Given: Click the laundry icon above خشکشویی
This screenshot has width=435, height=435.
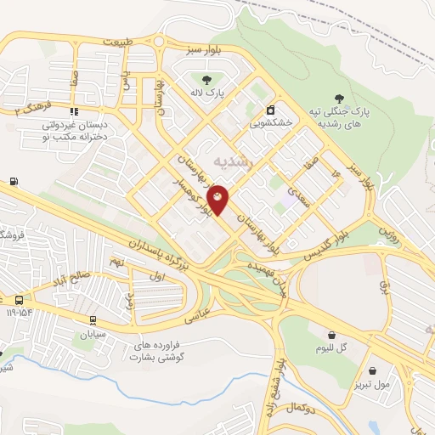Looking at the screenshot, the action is coord(270,109).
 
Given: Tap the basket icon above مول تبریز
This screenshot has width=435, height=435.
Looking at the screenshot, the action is coord(373,370).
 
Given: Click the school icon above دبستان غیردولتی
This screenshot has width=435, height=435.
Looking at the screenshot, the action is coord(76,110).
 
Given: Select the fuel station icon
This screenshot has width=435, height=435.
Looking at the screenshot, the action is coord(14,181).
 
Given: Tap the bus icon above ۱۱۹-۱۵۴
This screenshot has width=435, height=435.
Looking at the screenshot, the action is coord(19,300).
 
